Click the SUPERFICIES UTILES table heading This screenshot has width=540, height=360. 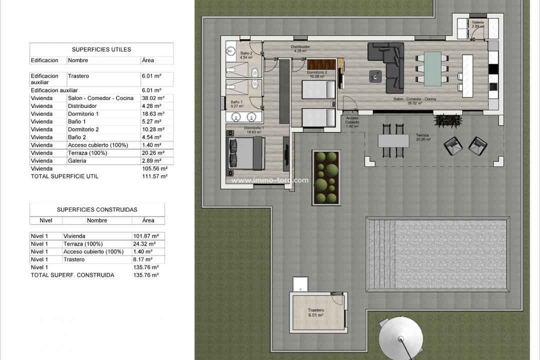coord(101,49)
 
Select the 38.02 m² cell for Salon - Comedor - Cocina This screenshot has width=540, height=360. coord(151,98)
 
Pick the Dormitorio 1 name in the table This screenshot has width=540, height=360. coord(83,114)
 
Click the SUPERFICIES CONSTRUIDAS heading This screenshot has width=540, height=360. coord(97,209)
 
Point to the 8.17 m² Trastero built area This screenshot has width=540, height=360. coord(144,259)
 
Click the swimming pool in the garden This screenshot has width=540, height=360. coord(437,254)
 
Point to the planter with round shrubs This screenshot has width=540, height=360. coord(326,177)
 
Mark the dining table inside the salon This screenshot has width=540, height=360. coord(432,69)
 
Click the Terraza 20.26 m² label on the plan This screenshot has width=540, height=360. coord(425,138)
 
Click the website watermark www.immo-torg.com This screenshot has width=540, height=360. coord(269,180)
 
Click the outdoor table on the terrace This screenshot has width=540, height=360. coord(393,140)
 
